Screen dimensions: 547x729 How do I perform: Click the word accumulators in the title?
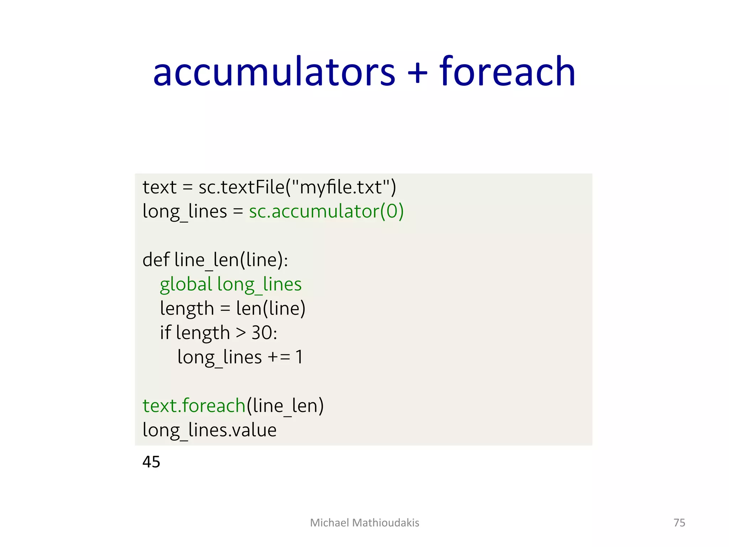coord(274,72)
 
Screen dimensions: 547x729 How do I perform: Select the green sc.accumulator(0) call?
coord(326,211)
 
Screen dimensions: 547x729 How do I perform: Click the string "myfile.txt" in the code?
coord(341,187)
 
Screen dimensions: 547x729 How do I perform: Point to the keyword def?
coord(156,260)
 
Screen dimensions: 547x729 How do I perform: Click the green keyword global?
coord(186,284)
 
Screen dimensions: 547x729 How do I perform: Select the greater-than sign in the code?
coord(241,333)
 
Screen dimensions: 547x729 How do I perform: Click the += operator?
coord(279,357)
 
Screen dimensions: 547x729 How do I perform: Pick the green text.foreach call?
coord(194,406)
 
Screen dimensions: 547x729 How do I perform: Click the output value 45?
coord(151,462)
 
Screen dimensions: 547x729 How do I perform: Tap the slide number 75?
coord(679,522)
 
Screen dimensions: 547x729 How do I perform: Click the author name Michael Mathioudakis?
coord(364,522)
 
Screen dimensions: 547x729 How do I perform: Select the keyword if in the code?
coord(165,333)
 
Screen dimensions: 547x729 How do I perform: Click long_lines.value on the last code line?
coord(209,430)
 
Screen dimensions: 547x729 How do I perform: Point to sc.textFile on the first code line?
coord(242,187)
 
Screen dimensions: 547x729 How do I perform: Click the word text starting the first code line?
coord(159,187)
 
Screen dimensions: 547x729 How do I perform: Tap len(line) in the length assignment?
coord(271,308)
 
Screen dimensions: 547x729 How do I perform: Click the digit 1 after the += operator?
coord(299,357)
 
